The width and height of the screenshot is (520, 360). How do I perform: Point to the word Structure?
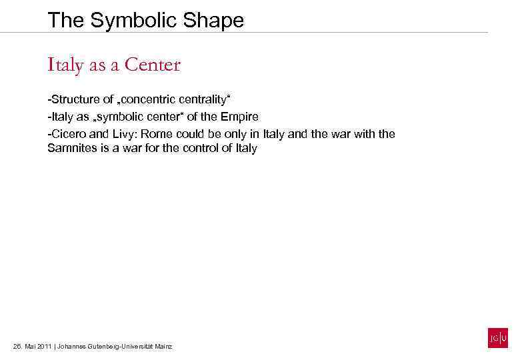pyautogui.click(x=75, y=100)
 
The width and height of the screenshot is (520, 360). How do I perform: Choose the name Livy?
pyautogui.click(x=126, y=134)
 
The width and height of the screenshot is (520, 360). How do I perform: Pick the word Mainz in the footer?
pyautogui.click(x=163, y=347)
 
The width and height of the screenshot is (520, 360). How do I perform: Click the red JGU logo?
pyautogui.click(x=497, y=338)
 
